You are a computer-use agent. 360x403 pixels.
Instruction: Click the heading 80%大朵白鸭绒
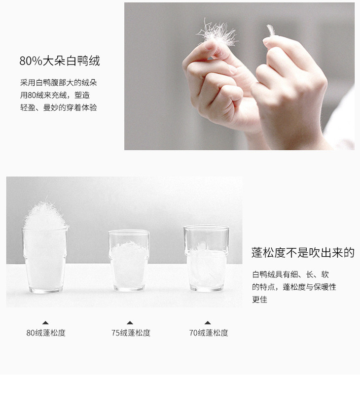[x=60, y=61]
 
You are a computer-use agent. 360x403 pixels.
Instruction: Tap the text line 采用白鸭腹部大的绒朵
[x=59, y=83]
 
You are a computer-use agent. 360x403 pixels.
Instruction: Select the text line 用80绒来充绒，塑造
[x=55, y=96]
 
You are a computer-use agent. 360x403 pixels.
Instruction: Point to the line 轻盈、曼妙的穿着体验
[x=59, y=108]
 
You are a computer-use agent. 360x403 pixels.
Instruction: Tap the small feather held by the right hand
[x=270, y=30]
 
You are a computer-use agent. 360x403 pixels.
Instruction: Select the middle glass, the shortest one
[x=129, y=260]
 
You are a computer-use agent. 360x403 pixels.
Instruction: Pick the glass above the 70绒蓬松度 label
[x=206, y=258]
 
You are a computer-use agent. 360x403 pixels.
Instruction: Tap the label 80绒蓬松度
[x=46, y=333]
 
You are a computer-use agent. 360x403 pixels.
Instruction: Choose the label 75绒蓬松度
[x=131, y=333]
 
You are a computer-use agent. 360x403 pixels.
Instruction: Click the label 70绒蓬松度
[x=209, y=333]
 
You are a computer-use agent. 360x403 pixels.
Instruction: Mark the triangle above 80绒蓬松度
[x=45, y=323]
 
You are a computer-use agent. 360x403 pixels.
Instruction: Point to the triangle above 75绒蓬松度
[x=130, y=323]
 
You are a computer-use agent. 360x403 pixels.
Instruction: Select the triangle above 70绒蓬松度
[x=208, y=323]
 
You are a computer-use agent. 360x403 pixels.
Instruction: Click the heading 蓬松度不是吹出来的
[x=303, y=253]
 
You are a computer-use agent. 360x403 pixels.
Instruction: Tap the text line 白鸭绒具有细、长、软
[x=290, y=274]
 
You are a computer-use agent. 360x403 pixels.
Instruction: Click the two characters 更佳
[x=259, y=300]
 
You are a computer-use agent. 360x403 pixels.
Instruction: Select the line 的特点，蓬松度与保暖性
[x=294, y=287]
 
